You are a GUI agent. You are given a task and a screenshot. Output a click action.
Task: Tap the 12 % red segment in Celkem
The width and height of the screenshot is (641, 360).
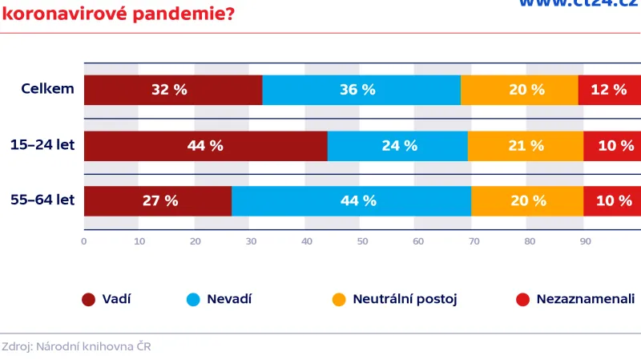[609, 90]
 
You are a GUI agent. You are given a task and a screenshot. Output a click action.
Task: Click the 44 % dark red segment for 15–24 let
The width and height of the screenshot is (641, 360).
[205, 146]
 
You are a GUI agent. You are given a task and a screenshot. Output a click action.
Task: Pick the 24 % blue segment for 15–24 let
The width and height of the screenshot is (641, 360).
[397, 146]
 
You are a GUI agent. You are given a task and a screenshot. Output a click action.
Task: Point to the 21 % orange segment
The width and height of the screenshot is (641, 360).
[526, 146]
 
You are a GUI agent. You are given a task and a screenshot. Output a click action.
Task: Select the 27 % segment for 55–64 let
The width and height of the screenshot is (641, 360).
[158, 201]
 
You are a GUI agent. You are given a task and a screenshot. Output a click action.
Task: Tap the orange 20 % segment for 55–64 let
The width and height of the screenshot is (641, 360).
[527, 201]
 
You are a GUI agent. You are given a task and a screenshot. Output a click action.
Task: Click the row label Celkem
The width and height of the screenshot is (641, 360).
[47, 89]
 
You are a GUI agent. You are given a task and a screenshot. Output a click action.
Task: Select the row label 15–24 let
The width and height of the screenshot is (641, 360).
[42, 145]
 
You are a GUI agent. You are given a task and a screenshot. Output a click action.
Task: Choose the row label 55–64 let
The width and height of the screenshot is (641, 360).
[42, 200]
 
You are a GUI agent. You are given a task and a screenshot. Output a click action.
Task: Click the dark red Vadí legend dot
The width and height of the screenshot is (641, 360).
[89, 300]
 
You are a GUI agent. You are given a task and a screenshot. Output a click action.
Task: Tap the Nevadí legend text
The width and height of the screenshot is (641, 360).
[229, 300]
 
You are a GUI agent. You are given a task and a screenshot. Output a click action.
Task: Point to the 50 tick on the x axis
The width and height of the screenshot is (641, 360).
[362, 241]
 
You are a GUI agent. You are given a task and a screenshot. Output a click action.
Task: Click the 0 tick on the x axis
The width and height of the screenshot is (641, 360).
[84, 241]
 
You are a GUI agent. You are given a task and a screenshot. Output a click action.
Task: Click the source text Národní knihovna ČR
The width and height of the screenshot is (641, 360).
[93, 347]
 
